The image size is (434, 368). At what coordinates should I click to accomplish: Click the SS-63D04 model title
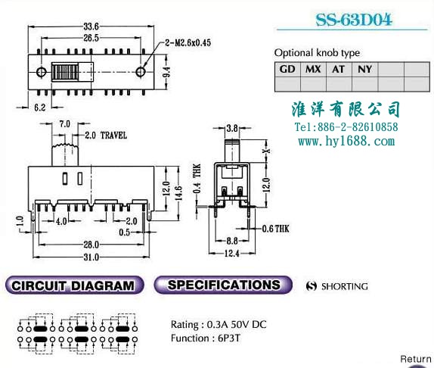point(354,20)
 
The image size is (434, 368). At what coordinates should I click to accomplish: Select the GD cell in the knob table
point(287,69)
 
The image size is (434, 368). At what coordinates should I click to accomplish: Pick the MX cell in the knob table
point(313,69)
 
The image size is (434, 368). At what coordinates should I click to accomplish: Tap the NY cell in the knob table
point(364,69)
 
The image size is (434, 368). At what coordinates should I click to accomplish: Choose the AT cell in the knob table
point(339,69)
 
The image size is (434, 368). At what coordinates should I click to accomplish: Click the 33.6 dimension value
point(91,27)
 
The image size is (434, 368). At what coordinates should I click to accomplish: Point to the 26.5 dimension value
point(91,38)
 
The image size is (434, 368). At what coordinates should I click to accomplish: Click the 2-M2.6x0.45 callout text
point(188,42)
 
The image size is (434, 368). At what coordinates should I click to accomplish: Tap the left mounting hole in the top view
point(41,72)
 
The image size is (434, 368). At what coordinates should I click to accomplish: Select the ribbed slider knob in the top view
point(65,72)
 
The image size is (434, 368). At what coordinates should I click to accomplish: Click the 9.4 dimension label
point(166,72)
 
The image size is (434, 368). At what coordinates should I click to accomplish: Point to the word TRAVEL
point(113,136)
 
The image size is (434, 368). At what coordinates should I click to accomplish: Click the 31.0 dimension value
point(91,257)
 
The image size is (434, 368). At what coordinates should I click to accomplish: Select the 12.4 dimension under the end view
point(232,253)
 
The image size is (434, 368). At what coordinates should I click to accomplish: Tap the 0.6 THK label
point(276,229)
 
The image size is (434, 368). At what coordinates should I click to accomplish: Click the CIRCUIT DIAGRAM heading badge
point(74,285)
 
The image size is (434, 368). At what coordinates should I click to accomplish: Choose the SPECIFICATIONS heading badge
point(223,285)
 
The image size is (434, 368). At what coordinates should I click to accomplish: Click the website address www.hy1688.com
point(346,142)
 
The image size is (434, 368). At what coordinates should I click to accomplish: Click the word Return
point(416,359)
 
